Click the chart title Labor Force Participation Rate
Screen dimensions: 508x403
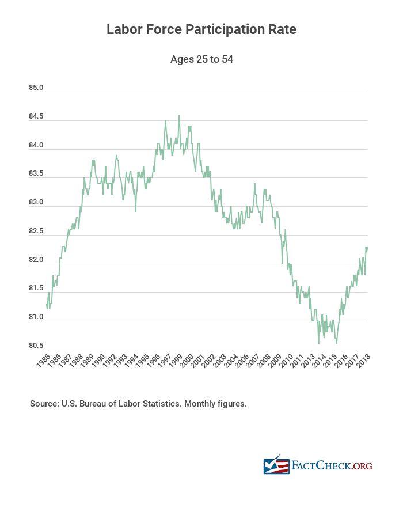[201, 29]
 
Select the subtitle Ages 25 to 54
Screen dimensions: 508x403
[201, 59]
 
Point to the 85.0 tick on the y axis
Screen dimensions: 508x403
[36, 88]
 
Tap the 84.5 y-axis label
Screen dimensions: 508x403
[36, 117]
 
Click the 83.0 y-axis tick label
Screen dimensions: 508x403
[36, 203]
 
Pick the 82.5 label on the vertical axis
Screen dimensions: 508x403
[36, 232]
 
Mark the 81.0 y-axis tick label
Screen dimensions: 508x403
[36, 317]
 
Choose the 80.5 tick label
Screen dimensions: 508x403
[36, 346]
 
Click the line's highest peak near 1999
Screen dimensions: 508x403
[178, 115]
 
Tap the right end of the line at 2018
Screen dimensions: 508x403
[367, 247]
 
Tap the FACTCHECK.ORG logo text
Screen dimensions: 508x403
[332, 465]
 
